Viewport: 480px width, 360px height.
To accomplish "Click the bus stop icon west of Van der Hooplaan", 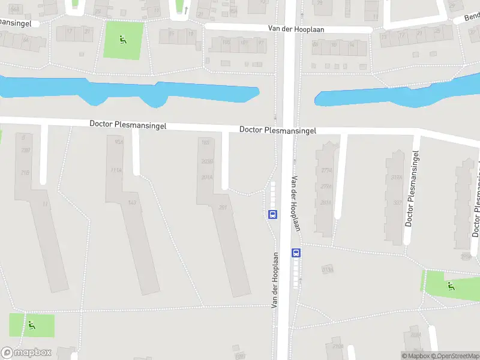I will [x=272, y=214].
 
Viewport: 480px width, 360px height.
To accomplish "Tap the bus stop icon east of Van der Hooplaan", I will [x=296, y=253].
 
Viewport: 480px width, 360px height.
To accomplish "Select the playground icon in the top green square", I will [x=123, y=40].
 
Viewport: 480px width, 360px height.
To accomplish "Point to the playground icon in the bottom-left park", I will [x=31, y=325].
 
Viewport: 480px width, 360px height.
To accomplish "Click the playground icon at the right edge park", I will [x=451, y=286].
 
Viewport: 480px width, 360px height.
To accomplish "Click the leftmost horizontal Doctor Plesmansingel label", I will [x=128, y=125].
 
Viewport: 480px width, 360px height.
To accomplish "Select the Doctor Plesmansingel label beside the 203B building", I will [x=277, y=130].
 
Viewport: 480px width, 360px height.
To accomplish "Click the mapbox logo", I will [x=26, y=352].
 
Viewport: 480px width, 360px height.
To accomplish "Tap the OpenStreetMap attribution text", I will [x=457, y=356].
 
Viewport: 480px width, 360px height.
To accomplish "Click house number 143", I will [x=132, y=203].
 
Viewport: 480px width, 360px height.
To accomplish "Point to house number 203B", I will [x=207, y=161].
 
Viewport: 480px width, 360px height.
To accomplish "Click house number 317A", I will [x=396, y=177].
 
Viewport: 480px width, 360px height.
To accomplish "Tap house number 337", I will [x=397, y=202].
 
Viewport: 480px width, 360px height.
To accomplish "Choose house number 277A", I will [x=326, y=170].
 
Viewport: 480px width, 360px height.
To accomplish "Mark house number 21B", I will [x=25, y=173].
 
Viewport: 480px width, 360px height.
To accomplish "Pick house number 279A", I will [x=326, y=187].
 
